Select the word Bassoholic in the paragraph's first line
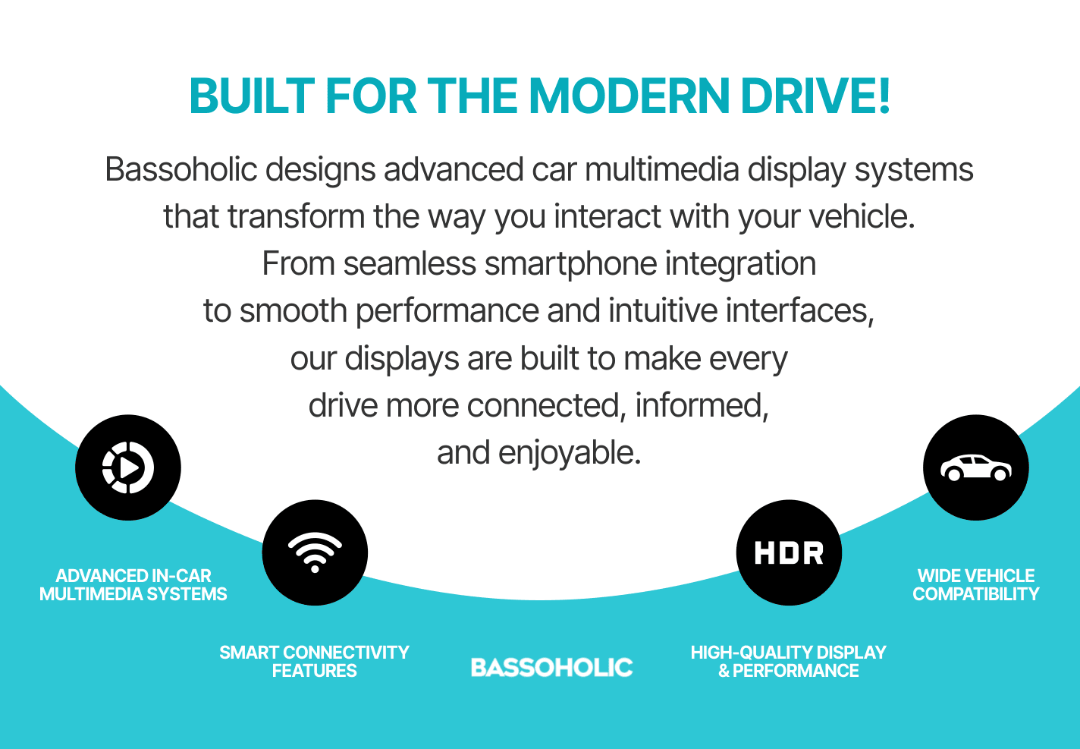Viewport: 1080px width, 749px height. (181, 169)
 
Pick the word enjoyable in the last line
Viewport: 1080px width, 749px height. (570, 453)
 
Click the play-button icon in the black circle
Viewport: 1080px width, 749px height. (128, 467)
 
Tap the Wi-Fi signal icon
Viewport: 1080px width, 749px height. (315, 552)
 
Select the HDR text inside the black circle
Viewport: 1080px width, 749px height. (789, 552)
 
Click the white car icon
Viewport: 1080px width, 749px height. (976, 467)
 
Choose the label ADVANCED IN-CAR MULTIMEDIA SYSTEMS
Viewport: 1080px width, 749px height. (133, 585)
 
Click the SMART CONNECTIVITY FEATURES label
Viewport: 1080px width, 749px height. (314, 662)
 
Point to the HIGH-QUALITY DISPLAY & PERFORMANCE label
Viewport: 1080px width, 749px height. (789, 662)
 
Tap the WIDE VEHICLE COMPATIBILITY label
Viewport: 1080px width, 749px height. (976, 585)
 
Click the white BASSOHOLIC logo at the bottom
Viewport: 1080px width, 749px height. (551, 667)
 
